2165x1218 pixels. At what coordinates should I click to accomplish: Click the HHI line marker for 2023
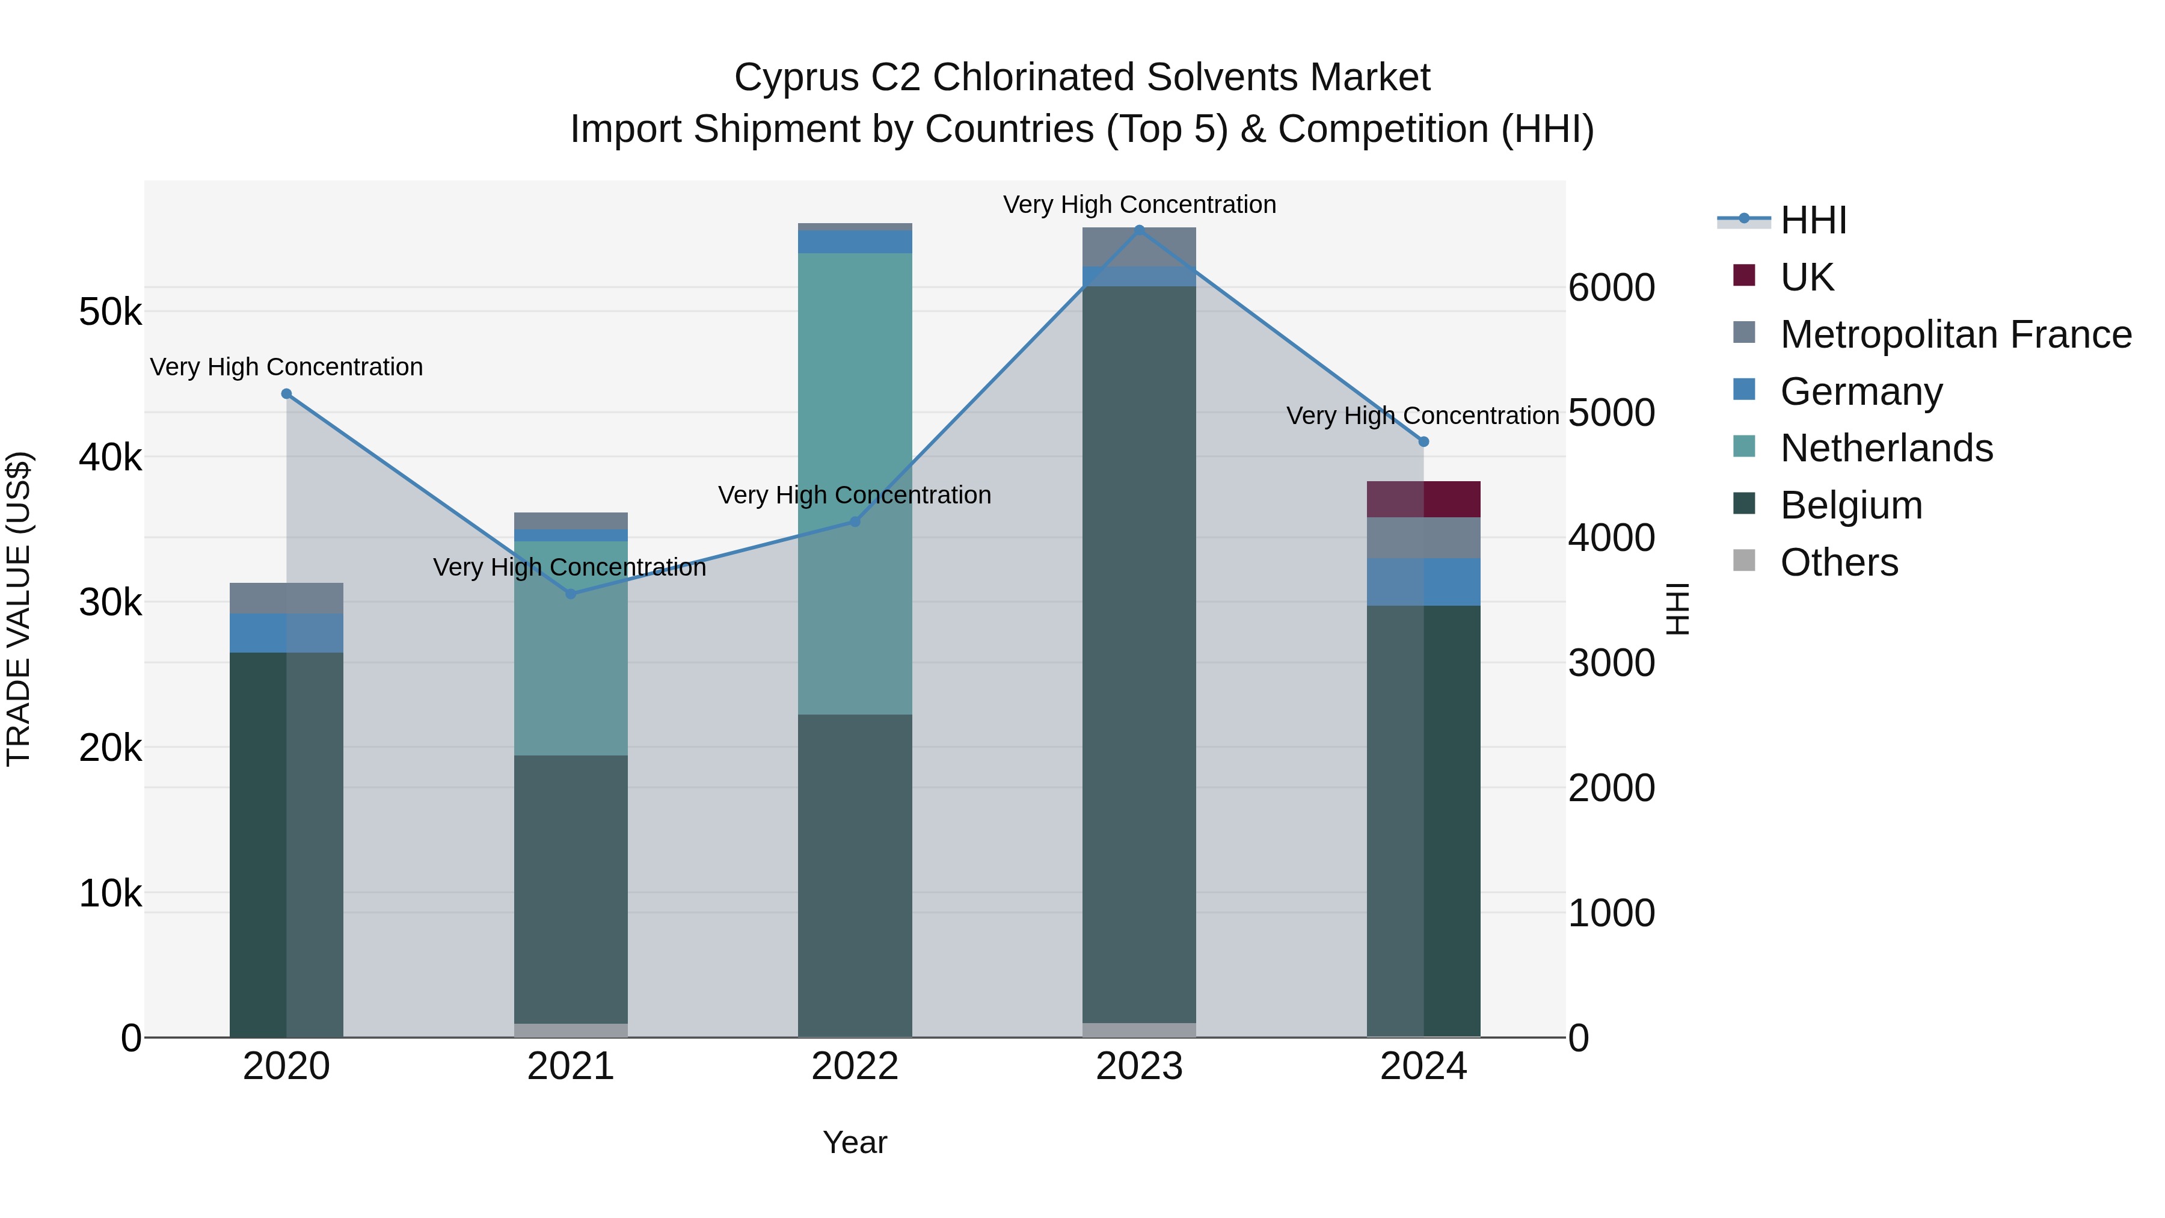1139,230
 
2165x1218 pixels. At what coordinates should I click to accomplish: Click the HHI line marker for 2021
571,594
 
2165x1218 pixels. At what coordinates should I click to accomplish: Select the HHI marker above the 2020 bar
287,394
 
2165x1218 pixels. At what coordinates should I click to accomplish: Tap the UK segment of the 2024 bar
1423,499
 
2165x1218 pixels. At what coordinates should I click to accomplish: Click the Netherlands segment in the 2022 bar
855,484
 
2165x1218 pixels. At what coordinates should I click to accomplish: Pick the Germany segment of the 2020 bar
287,633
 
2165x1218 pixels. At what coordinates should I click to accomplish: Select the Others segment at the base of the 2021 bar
571,1030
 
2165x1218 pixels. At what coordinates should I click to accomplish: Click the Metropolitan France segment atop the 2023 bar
1139,246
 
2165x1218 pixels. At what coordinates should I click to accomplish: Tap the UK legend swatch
1744,275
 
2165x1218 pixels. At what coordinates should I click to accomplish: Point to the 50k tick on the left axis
110,313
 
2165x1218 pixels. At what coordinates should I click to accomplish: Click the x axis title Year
855,1142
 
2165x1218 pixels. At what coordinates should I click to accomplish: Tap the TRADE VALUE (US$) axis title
19,609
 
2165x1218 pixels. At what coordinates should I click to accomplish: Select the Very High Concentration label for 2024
1422,416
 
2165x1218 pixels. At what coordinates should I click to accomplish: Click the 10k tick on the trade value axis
110,894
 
